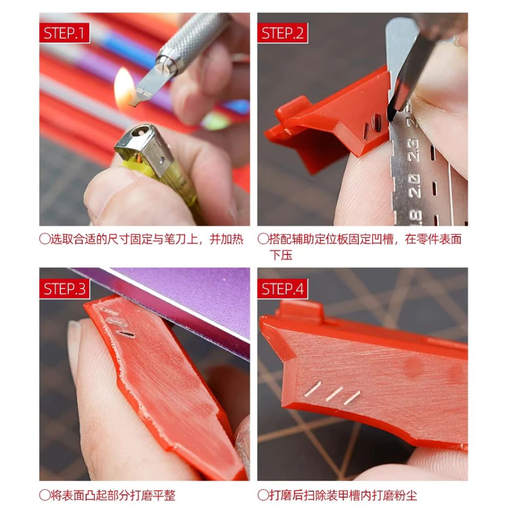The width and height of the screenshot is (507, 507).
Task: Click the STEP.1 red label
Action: coord(64,33)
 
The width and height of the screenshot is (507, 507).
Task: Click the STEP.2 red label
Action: coord(282,33)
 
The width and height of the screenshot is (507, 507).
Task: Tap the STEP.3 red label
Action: coord(64,289)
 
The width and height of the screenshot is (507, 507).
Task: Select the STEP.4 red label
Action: coord(282,289)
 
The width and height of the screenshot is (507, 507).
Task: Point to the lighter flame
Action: coord(124,87)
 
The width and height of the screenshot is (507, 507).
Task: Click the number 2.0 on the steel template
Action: coord(414,186)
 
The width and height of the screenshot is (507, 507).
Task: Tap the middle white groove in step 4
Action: coord(334,394)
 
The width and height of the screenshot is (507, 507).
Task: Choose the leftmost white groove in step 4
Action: coord(313,389)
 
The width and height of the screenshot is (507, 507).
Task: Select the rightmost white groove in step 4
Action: coord(352,398)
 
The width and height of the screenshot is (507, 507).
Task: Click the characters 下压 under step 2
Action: coord(281,255)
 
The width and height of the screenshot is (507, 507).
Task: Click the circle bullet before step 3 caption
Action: coord(45,495)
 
